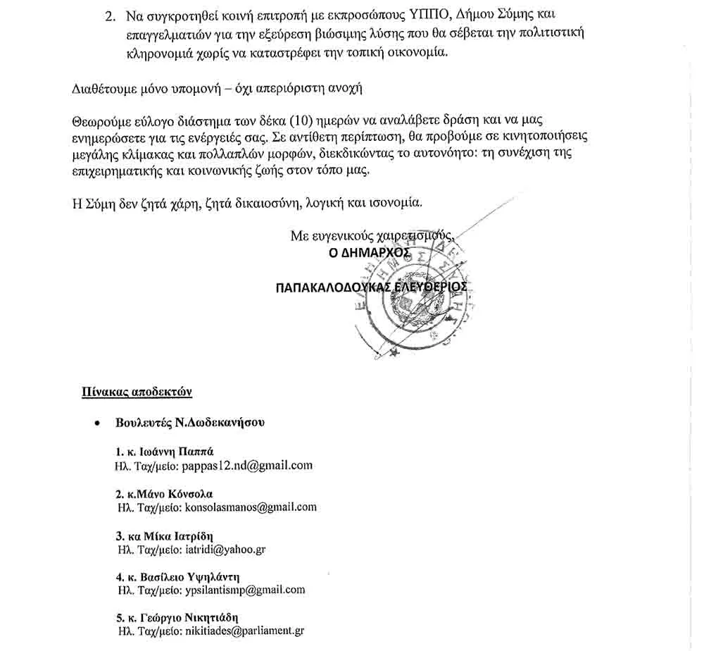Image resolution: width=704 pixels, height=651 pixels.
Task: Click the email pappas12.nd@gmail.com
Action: (247, 466)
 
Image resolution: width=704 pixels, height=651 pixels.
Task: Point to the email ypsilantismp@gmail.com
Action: (244, 590)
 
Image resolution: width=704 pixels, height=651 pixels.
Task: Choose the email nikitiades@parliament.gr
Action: (244, 631)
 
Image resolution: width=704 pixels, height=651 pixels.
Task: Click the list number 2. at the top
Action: (109, 15)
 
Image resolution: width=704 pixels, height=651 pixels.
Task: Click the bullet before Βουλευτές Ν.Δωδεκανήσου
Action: (96, 424)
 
